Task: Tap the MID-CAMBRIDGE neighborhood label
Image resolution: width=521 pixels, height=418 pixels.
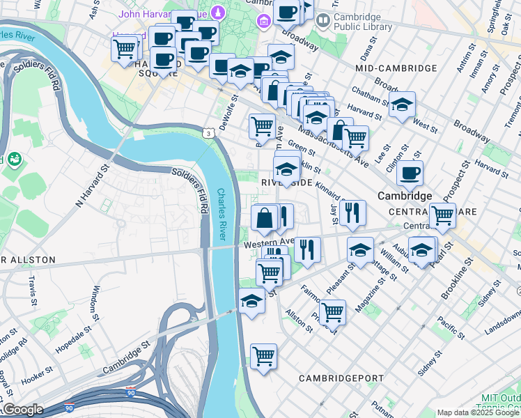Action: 396,68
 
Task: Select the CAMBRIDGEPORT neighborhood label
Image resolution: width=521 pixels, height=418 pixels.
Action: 341,378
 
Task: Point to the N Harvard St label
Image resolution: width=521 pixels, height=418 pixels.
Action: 93,187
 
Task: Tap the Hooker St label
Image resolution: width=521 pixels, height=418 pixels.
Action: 36,382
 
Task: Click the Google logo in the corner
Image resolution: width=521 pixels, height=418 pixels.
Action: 22,410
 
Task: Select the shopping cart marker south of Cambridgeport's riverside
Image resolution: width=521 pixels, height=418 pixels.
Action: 263,357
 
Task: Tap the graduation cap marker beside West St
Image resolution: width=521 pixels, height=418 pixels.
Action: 402,104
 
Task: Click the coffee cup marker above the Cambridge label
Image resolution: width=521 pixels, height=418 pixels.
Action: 410,173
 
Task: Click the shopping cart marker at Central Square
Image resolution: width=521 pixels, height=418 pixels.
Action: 442,216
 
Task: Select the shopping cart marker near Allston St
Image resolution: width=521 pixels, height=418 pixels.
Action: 332,311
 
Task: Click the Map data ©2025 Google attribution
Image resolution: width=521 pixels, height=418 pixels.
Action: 478,412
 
